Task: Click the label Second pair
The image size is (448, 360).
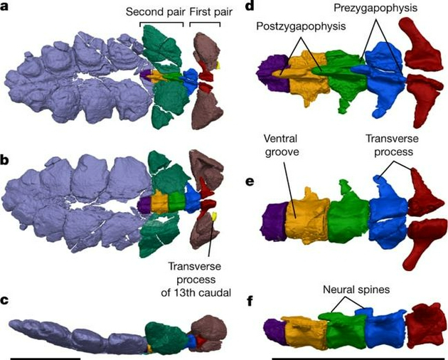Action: [x=154, y=13]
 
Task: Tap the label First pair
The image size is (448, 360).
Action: [x=206, y=13]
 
